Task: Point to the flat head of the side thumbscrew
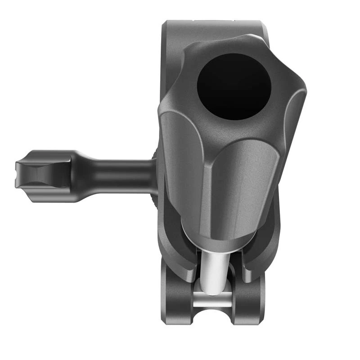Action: coord(43,175)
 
